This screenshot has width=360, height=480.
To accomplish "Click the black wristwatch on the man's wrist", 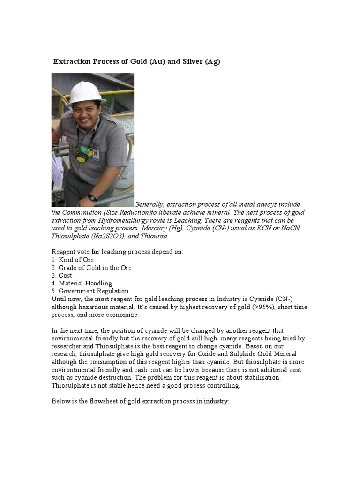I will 92,198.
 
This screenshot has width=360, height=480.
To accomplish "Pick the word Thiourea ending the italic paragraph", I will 153,236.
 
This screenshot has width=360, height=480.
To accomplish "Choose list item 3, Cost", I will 62,275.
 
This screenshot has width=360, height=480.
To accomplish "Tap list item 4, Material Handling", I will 82,283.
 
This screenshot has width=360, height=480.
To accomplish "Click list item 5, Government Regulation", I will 90,291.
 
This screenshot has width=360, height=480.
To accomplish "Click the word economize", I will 123,315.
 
